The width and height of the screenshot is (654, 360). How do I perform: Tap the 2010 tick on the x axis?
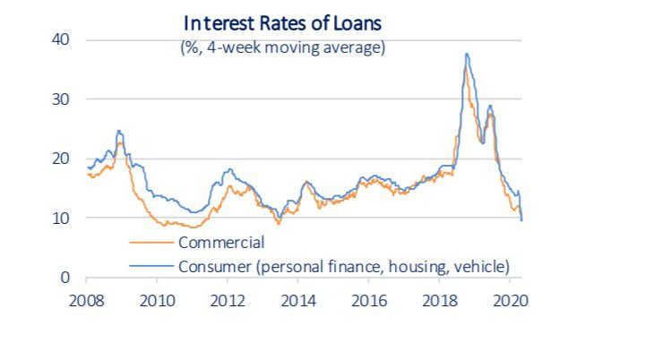(157, 298)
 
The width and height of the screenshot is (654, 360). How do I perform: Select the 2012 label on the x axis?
(228, 298)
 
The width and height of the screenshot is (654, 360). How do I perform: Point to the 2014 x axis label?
(298, 298)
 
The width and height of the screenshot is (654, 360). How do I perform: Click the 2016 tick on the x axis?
(369, 298)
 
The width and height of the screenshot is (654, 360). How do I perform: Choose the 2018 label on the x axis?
(439, 298)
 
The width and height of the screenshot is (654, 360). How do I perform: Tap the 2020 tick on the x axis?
(510, 298)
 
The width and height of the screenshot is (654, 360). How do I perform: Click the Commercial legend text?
(220, 243)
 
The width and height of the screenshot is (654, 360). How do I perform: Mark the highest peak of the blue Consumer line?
(467, 54)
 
